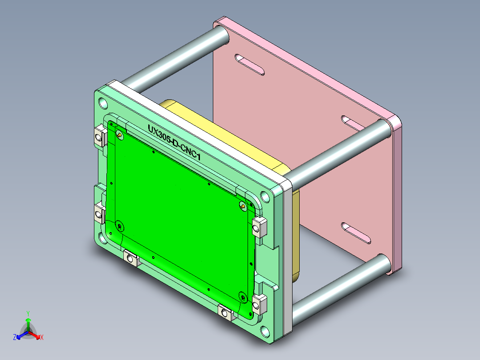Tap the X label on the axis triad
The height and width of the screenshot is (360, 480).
[x=42, y=338]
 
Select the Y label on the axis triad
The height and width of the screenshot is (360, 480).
[x=28, y=313]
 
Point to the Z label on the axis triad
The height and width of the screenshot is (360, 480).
[x=15, y=338]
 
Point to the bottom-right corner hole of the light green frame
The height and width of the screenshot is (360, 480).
[x=265, y=331]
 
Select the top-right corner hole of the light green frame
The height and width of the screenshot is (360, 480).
[x=265, y=196]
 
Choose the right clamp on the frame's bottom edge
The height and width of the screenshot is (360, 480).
[x=226, y=313]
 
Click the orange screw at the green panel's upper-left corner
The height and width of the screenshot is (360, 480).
[x=119, y=134]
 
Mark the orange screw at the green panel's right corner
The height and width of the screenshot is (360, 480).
[x=243, y=206]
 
